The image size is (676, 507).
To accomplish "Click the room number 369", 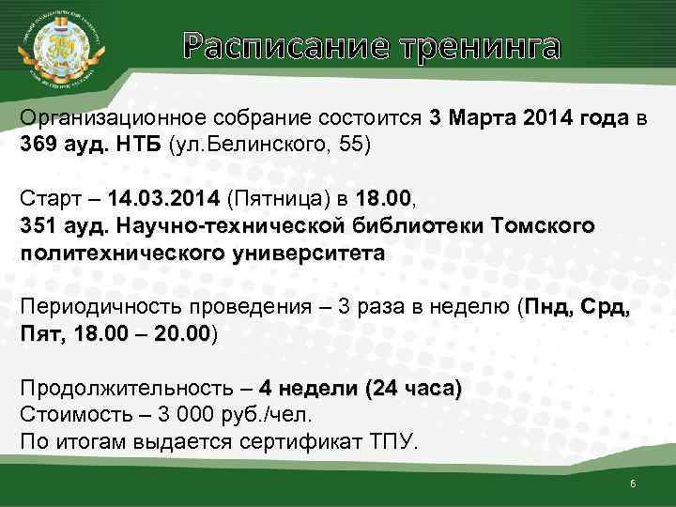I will (x=38, y=146).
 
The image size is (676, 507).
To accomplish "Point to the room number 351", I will (x=38, y=226).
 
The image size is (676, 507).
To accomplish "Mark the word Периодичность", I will (x=95, y=308).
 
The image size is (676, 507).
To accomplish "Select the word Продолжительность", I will (x=117, y=389).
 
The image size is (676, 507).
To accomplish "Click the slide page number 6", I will (x=634, y=484).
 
